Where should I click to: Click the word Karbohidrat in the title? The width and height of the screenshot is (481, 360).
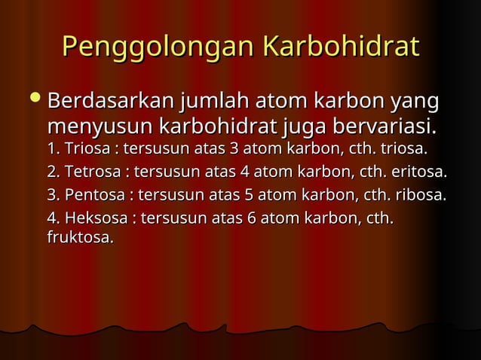click(339, 47)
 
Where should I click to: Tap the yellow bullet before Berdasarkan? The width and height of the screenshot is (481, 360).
click(34, 99)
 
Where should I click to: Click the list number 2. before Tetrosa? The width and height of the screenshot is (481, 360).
click(54, 170)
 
